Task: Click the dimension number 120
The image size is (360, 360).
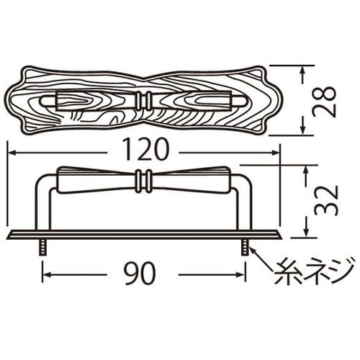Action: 144,150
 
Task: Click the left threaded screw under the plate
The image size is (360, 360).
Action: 42,248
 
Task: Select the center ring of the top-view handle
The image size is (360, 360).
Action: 144,100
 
